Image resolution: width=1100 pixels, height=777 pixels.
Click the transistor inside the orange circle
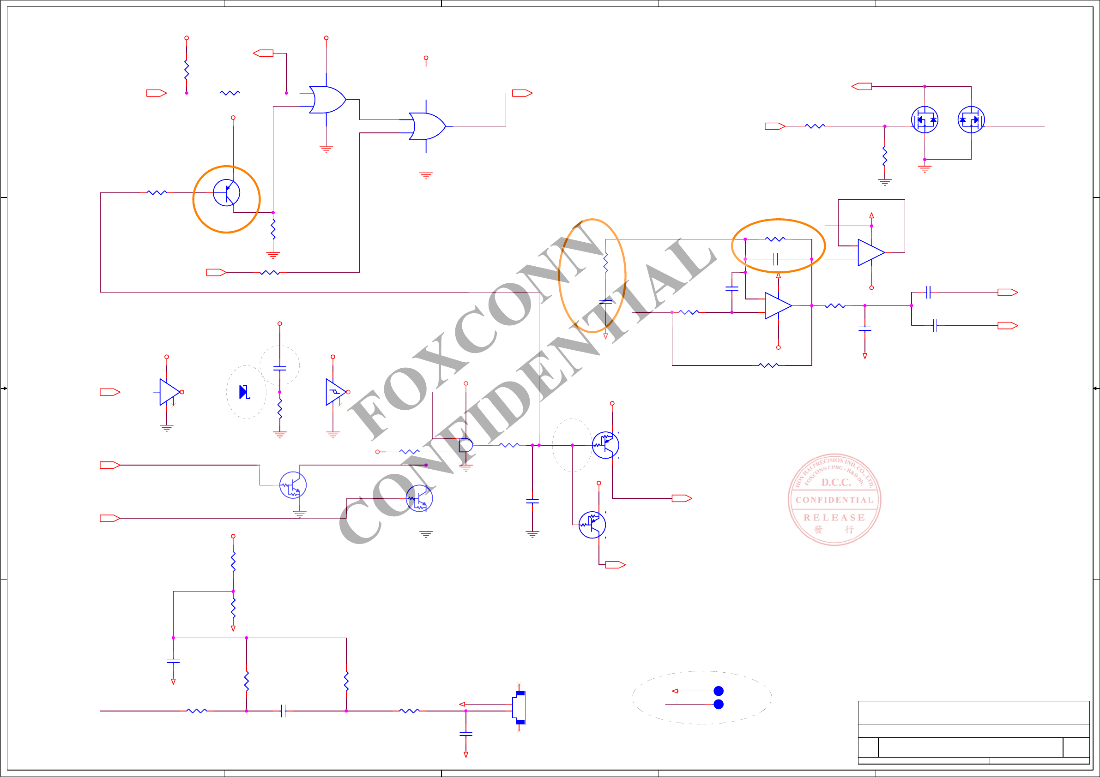(x=226, y=192)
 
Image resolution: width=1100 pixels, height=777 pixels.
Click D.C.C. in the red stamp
(x=836, y=482)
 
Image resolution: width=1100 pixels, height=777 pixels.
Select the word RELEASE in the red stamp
(x=834, y=518)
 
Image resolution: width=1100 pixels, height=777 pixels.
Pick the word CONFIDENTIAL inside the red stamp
(x=834, y=500)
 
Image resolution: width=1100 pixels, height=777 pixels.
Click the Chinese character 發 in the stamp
(x=819, y=529)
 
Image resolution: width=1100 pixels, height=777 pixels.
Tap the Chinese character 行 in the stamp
(x=849, y=529)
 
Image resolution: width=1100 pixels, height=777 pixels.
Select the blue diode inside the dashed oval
(x=244, y=392)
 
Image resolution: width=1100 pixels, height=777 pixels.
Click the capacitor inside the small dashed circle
(x=280, y=368)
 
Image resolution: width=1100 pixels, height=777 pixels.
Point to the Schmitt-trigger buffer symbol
(x=335, y=392)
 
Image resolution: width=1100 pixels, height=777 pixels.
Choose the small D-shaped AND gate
(x=465, y=445)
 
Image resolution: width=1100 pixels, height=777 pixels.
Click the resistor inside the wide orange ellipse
(x=775, y=239)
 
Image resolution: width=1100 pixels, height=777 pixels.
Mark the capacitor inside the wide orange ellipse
(x=775, y=259)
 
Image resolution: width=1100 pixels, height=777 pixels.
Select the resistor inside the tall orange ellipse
(x=605, y=263)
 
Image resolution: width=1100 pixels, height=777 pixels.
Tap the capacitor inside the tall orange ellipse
(x=605, y=302)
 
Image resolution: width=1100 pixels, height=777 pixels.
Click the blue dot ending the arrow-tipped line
(x=718, y=691)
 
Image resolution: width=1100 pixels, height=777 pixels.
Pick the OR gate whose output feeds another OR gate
(x=327, y=100)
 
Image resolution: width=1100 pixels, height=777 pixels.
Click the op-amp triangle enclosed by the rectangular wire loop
(x=870, y=252)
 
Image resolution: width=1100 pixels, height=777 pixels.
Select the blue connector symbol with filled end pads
(x=520, y=707)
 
